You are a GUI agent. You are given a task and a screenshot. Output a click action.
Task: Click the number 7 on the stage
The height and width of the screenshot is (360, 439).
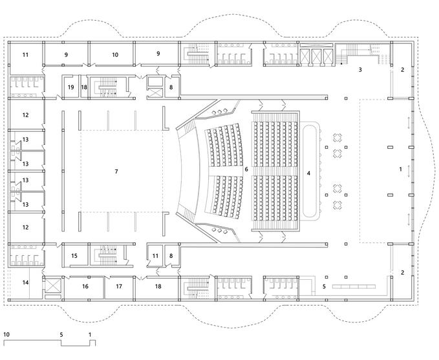pyautogui.click(x=116, y=171)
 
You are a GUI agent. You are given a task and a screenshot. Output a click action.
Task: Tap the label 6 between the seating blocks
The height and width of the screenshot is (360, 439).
pyautogui.click(x=246, y=169)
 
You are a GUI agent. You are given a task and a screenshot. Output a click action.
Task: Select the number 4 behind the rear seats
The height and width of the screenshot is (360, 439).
pyautogui.click(x=308, y=173)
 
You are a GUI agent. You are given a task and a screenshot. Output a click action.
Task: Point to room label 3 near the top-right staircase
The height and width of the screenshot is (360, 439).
pyautogui.click(x=360, y=69)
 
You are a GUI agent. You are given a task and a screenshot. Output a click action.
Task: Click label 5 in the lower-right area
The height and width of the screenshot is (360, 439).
pyautogui.click(x=324, y=286)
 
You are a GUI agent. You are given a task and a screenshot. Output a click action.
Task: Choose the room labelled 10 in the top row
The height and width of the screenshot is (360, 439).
pyautogui.click(x=115, y=56)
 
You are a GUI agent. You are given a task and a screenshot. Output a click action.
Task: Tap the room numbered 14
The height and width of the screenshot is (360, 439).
pyautogui.click(x=26, y=283)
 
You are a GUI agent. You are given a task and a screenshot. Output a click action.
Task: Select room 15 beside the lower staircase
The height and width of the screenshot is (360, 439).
pyautogui.click(x=74, y=257)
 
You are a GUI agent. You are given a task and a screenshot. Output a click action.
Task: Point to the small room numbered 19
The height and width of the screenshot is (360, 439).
pyautogui.click(x=70, y=87)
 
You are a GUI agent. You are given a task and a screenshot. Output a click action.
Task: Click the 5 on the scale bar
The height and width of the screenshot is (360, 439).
pyautogui.click(x=61, y=335)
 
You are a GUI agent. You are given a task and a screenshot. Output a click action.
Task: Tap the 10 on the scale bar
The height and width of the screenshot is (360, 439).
pyautogui.click(x=6, y=335)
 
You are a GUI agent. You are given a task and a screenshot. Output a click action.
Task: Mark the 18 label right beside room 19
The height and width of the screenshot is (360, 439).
pyautogui.click(x=84, y=87)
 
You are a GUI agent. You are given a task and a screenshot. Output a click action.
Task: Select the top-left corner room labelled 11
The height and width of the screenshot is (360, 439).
pyautogui.click(x=26, y=56)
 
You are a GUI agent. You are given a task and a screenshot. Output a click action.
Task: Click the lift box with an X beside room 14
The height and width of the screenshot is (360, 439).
pyautogui.click(x=51, y=285)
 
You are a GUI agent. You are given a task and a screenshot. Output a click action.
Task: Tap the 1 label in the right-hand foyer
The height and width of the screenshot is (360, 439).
pyautogui.click(x=401, y=169)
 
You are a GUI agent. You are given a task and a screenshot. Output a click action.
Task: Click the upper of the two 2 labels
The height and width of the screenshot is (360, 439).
pyautogui.click(x=402, y=69)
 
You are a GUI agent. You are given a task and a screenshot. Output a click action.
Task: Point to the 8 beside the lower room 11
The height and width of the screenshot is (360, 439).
pyautogui.click(x=171, y=257)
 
